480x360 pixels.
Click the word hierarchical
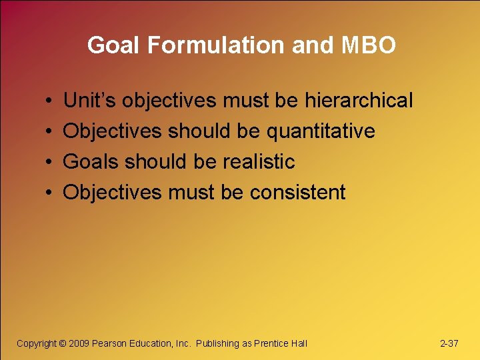click(359, 101)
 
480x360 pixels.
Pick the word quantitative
click(321, 131)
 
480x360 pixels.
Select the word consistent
click(297, 193)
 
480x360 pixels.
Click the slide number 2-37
click(449, 343)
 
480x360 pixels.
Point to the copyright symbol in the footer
click(63, 343)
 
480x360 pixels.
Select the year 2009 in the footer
click(79, 343)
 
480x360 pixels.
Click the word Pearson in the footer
click(107, 343)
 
